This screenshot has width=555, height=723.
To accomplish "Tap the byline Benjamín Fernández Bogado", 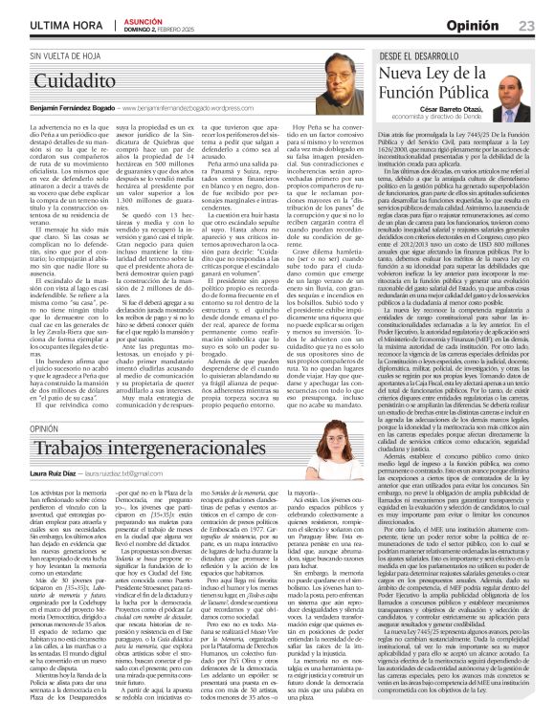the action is click(67, 110).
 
